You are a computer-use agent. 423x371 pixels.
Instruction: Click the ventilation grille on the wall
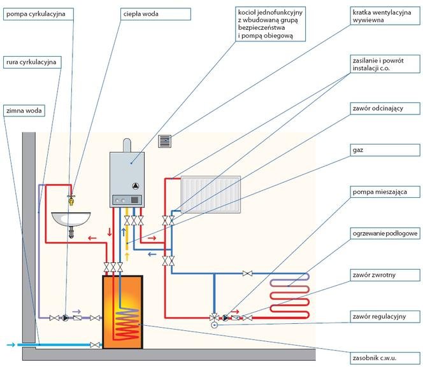166,141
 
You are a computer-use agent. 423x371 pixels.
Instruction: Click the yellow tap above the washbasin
72,198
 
